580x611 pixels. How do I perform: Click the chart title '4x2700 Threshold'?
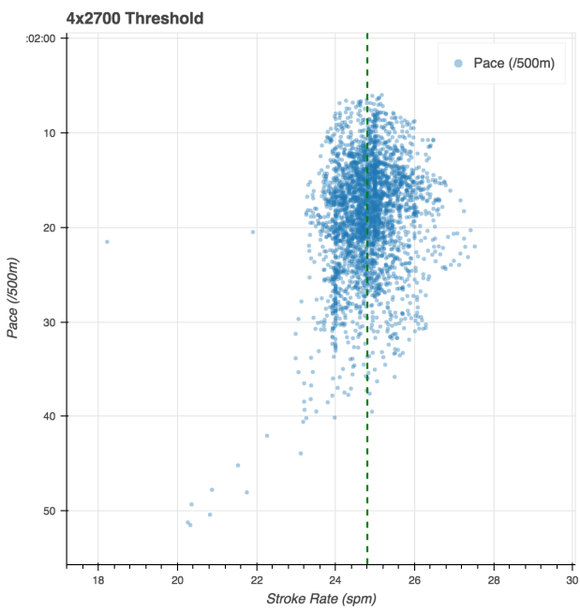(135, 18)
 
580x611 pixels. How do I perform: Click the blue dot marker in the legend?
(457, 63)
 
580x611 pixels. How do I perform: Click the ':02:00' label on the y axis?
(42, 38)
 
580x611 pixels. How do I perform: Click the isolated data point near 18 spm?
(107, 242)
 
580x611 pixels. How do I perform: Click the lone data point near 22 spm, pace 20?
(253, 231)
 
